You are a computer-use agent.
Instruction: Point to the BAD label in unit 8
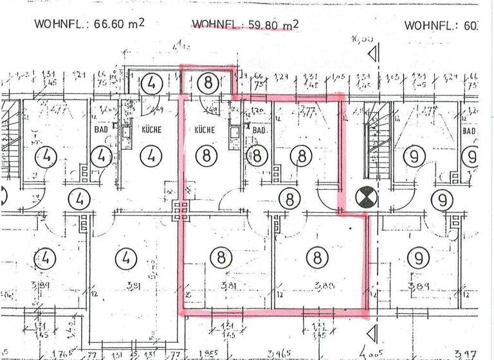pyautogui.click(x=259, y=130)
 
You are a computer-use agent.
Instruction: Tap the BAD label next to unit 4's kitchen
pyautogui.click(x=101, y=129)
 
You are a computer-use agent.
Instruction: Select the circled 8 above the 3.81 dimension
pyautogui.click(x=221, y=258)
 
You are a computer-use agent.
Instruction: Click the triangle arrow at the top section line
pyautogui.click(x=371, y=55)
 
